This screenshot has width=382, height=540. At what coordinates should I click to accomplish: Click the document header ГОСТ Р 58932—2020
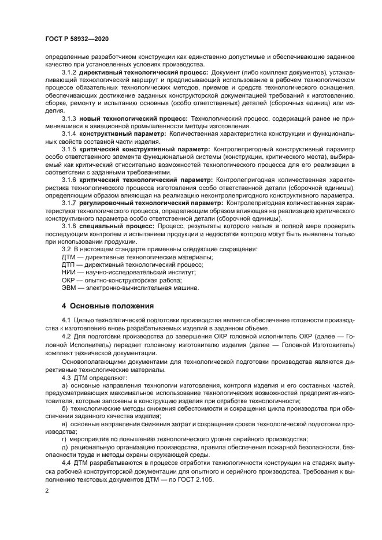point(76,38)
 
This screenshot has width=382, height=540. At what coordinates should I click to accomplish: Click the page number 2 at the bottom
point(47,490)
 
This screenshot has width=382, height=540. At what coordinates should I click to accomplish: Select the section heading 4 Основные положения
point(107,305)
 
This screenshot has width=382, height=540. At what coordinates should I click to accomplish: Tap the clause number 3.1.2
point(69,72)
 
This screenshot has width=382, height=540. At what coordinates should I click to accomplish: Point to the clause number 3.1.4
point(69,133)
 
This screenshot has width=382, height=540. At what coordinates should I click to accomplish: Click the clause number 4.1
point(66,320)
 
